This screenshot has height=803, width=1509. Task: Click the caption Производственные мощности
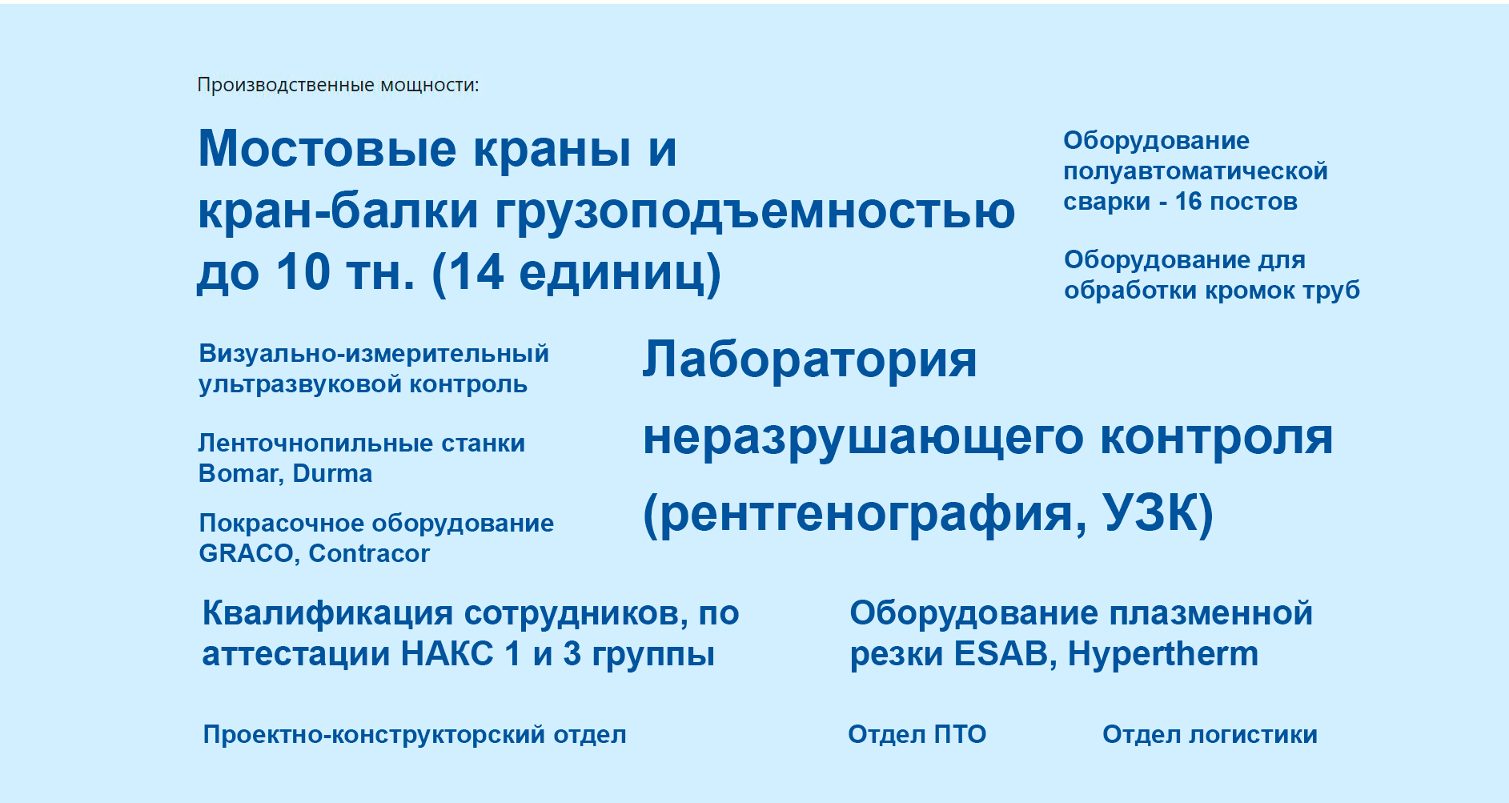pos(338,85)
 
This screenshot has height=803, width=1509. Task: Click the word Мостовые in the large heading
pos(327,149)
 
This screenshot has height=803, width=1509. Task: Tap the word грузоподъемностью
pos(756,212)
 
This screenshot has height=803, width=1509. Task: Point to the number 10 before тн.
pos(303,272)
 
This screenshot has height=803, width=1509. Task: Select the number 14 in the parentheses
pos(477,272)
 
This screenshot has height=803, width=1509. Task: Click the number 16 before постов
pos(1188,201)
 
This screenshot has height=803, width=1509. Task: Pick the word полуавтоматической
pos(1195,171)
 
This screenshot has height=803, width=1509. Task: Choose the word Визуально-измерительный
pos(374,353)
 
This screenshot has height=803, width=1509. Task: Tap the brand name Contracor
pos(369,553)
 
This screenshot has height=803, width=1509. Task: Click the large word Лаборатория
pos(809,359)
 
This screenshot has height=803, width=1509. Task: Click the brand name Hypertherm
pos(1163,654)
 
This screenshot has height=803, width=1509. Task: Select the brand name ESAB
pos(1001,654)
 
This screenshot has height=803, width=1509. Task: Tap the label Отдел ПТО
pos(917,734)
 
